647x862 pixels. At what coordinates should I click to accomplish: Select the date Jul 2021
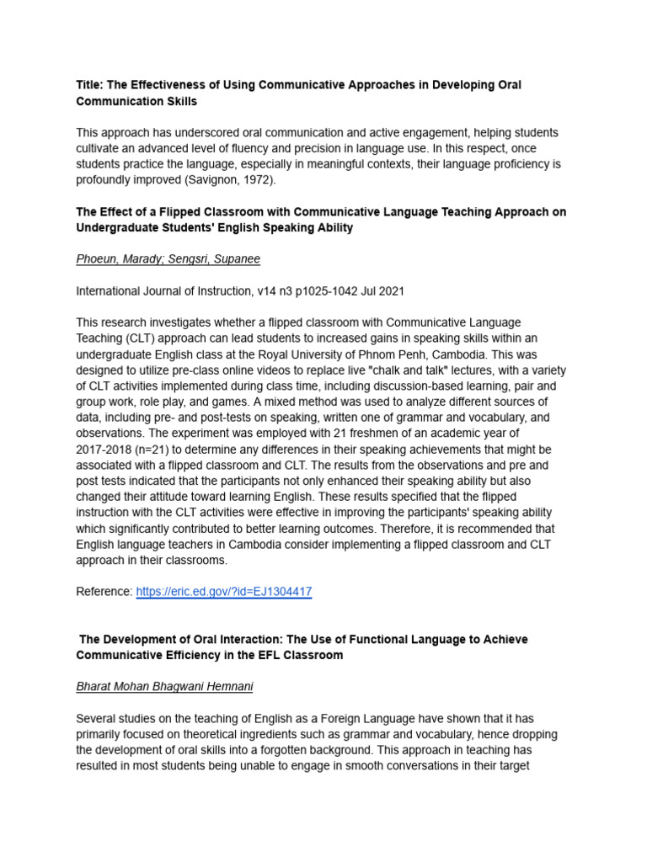tap(380, 291)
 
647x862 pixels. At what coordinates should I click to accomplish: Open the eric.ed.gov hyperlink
tap(223, 592)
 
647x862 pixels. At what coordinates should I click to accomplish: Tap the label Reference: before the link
tap(104, 592)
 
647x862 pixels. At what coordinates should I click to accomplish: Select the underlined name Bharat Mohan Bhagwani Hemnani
tap(164, 687)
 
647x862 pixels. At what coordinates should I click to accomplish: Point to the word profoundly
tap(111, 179)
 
